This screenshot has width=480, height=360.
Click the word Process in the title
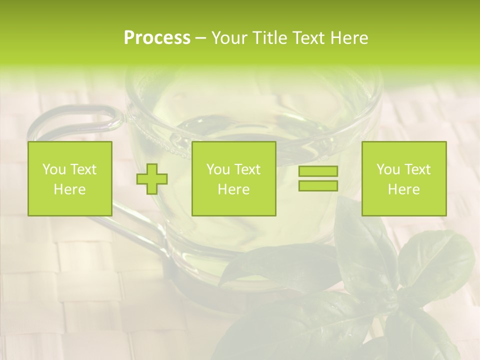(x=157, y=38)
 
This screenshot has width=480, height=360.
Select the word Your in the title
(x=230, y=38)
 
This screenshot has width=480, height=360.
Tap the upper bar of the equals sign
(x=318, y=171)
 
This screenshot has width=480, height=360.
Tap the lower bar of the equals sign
(x=318, y=185)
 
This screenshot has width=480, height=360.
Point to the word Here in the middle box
(x=233, y=189)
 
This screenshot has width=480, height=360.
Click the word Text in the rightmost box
(x=418, y=169)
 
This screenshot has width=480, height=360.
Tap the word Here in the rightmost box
(x=403, y=189)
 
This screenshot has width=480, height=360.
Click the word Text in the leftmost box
(x=83, y=169)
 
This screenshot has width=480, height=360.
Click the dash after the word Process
(x=201, y=38)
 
